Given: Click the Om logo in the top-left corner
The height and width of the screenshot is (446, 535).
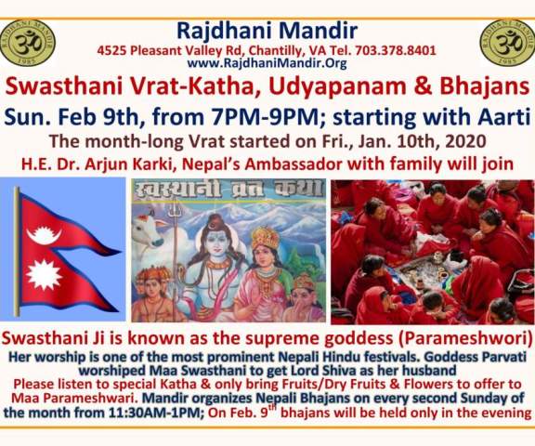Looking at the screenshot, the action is pyautogui.click(x=28, y=43).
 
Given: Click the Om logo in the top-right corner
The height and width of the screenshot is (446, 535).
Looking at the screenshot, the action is pyautogui.click(x=508, y=43).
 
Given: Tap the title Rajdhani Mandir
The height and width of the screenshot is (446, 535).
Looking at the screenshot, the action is pyautogui.click(x=267, y=31).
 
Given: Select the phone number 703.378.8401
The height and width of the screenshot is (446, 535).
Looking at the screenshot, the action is pyautogui.click(x=396, y=51).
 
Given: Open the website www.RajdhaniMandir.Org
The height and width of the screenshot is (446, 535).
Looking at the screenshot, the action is pyautogui.click(x=267, y=63).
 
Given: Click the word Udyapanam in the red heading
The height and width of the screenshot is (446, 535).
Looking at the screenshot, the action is pyautogui.click(x=340, y=86).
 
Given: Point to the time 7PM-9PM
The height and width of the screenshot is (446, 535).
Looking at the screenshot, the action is pyautogui.click(x=262, y=116).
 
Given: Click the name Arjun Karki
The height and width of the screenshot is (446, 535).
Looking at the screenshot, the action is pyautogui.click(x=130, y=164).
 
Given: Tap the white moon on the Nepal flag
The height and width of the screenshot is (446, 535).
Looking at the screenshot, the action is pyautogui.click(x=44, y=234).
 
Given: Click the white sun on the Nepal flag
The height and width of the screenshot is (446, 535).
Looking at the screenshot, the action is pyautogui.click(x=44, y=275).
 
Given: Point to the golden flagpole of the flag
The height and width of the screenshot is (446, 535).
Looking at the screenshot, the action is pyautogui.click(x=17, y=252).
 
